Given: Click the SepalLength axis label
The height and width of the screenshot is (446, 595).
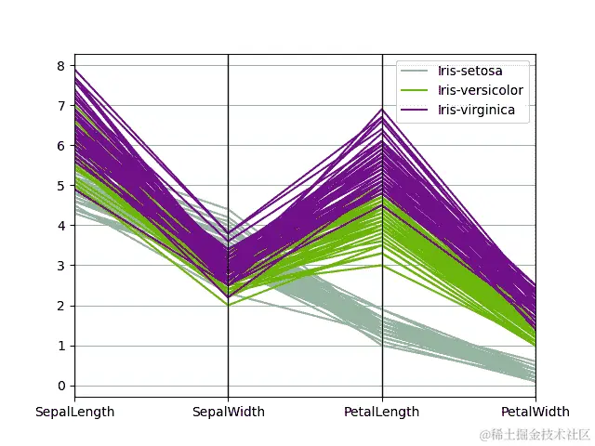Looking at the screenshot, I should pyautogui.click(x=74, y=412).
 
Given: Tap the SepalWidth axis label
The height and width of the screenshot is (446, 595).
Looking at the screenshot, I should pyautogui.click(x=228, y=412).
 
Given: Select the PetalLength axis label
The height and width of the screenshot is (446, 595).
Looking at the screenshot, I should pyautogui.click(x=381, y=412).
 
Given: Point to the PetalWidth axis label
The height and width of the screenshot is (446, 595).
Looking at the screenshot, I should pyautogui.click(x=535, y=412).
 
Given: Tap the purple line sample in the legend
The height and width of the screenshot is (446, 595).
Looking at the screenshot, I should pyautogui.click(x=415, y=110).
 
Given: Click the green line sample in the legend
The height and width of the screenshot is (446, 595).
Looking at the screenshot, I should pyautogui.click(x=415, y=90).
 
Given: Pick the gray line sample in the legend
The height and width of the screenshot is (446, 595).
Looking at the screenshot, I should pyautogui.click(x=415, y=71).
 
